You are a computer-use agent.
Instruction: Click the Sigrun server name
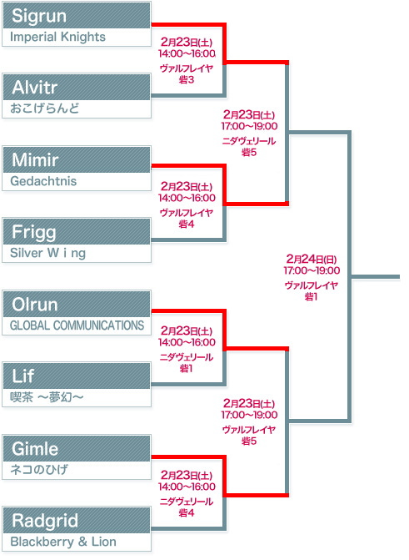pos(39,16)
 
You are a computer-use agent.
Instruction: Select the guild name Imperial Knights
pos(57,37)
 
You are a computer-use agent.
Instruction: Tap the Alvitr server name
pos(35,88)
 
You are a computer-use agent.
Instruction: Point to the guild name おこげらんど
pos(45,108)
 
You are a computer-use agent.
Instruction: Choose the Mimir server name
pos(35,159)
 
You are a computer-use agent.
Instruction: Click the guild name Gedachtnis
pos(43,181)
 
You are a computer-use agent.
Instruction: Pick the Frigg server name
pos(34,233)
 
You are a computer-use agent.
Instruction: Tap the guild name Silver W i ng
pos(47,253)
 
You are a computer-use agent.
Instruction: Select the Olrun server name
pos(35,305)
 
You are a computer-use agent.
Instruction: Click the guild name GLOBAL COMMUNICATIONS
pos(77,325)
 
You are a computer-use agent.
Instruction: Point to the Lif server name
pos(23,376)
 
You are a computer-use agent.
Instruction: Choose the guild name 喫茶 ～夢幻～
pos(47,397)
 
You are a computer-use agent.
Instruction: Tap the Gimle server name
pos(35,449)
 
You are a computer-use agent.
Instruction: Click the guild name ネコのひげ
pos(39,469)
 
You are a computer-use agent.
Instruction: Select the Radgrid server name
pos(45,521)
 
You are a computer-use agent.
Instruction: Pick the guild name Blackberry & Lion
pos(63,542)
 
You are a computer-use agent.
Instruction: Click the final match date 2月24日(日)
pos(312,259)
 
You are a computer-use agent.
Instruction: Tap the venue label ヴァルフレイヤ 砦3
pos(187,74)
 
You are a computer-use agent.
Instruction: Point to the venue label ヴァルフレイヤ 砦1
pos(312,291)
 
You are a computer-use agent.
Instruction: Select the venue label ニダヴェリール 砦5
pos(249,147)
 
